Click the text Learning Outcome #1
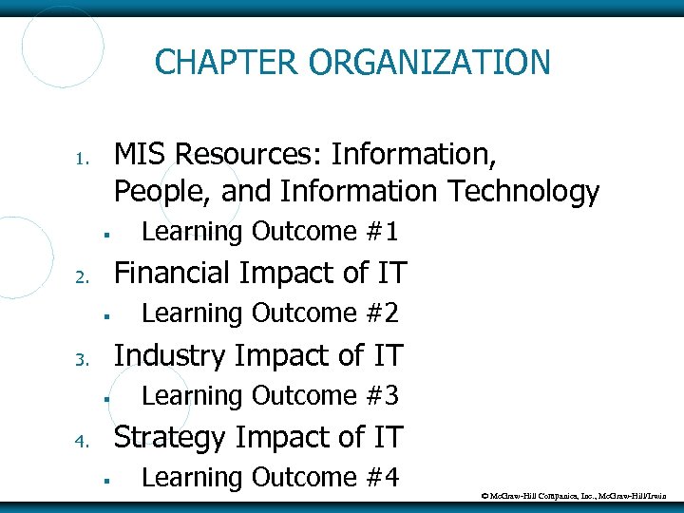point(269,232)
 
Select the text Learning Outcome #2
point(269,313)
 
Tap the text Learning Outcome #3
point(269,395)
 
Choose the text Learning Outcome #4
point(269,477)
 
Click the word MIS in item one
point(142,153)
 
